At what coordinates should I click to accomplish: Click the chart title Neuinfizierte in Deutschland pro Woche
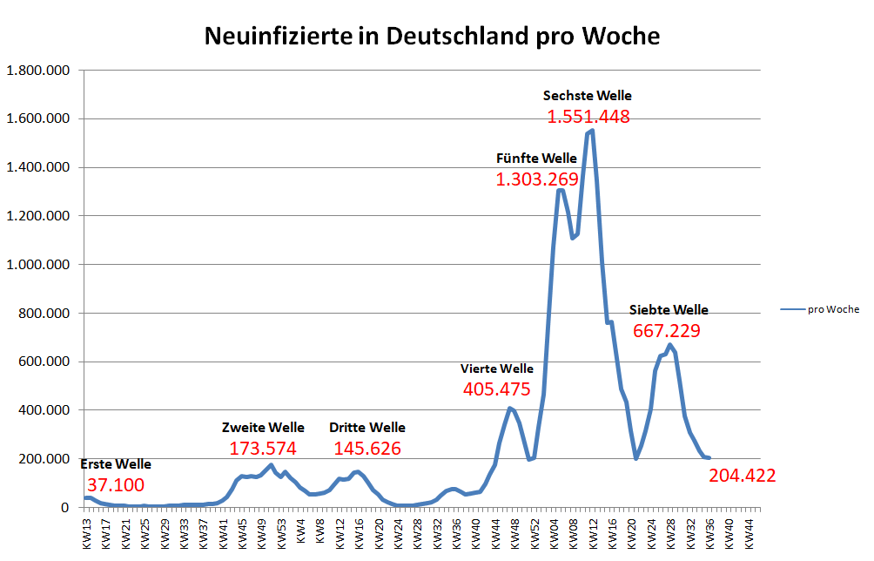pos(431,37)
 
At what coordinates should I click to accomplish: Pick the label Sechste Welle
pos(587,96)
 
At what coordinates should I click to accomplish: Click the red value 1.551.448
pos(588,117)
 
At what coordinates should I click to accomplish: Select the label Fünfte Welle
pos(536,159)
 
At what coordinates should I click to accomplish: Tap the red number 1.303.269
pos(537,179)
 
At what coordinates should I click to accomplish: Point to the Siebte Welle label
pos(669,310)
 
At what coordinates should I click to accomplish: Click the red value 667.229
pos(667,331)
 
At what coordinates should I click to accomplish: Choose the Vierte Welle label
pos(497,369)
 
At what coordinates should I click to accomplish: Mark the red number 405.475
pos(497,389)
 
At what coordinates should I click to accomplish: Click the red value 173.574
pos(263,449)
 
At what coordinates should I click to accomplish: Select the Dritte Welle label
pos(366,428)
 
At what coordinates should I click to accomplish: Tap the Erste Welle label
pos(115,464)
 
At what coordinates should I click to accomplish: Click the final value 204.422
pos(742,476)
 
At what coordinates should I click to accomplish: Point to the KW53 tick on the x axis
pos(282,531)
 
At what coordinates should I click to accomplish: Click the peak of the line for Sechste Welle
pos(592,131)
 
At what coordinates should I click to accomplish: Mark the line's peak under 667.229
pos(669,345)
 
